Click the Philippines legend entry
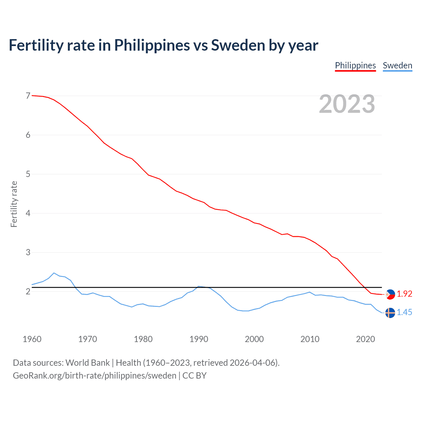(x=355, y=65)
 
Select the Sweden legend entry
(x=397, y=65)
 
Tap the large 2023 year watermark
(x=347, y=104)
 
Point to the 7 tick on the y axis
(x=28, y=96)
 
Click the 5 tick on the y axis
(x=28, y=174)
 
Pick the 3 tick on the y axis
(x=28, y=252)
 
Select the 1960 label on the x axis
(x=32, y=339)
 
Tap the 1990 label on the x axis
(x=199, y=339)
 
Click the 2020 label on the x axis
(x=365, y=339)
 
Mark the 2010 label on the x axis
(x=310, y=339)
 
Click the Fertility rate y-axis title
(x=14, y=204)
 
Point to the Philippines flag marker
(x=390, y=294)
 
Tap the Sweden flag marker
(x=390, y=313)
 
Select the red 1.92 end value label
(x=405, y=294)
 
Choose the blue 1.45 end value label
(x=405, y=312)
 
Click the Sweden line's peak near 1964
(x=54, y=273)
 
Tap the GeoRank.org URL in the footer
(x=94, y=376)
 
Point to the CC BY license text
(x=194, y=376)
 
